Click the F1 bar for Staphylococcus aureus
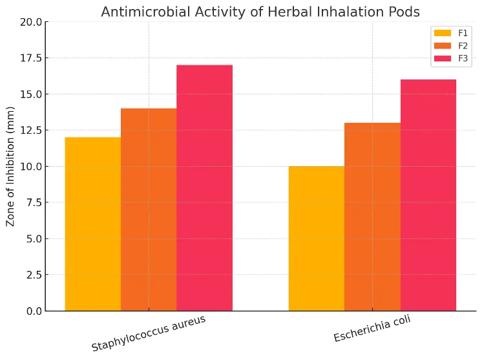pyautogui.click(x=93, y=224)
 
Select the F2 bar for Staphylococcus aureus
pyautogui.click(x=149, y=209)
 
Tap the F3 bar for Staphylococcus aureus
pyautogui.click(x=204, y=187)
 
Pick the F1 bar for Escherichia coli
pyautogui.click(x=317, y=238)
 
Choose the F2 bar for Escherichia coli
pyautogui.click(x=372, y=217)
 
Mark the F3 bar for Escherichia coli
pyautogui.click(x=428, y=195)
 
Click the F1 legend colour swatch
pyautogui.click(x=443, y=33)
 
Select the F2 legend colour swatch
pyautogui.click(x=443, y=45)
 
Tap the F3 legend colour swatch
pyautogui.click(x=443, y=58)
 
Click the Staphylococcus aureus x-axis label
pyautogui.click(x=149, y=334)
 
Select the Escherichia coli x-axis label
pyautogui.click(x=372, y=330)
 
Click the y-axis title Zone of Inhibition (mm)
pyautogui.click(x=11, y=166)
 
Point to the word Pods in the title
pyautogui.click(x=405, y=12)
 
